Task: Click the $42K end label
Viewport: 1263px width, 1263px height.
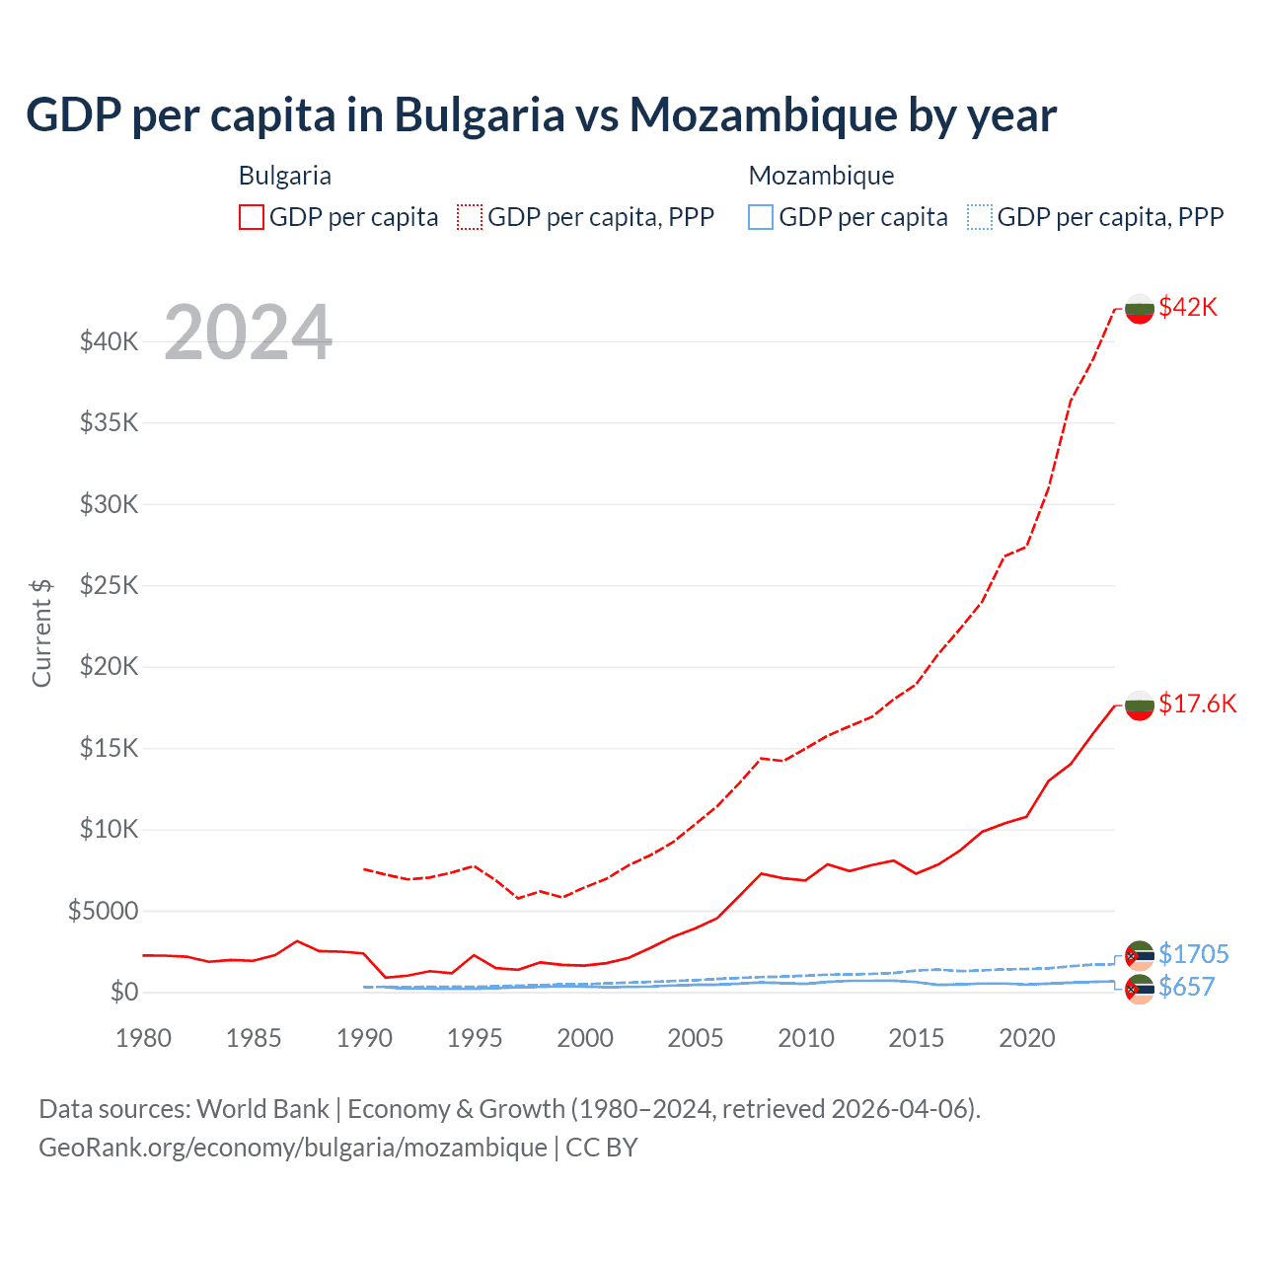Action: [1188, 307]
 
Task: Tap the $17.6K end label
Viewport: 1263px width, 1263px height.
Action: [1197, 704]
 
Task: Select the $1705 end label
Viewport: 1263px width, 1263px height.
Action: [1193, 954]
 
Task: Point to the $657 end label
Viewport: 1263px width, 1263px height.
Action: [1186, 987]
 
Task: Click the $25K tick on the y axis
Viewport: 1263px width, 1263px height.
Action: [110, 585]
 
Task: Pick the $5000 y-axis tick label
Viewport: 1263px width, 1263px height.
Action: [104, 910]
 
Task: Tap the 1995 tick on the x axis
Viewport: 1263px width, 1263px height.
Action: [475, 1038]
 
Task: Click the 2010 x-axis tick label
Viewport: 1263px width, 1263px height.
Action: [806, 1038]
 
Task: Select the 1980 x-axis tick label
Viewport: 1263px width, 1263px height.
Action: [144, 1038]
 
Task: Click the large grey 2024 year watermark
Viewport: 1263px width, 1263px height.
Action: [248, 333]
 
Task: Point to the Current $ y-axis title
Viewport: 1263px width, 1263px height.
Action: [41, 632]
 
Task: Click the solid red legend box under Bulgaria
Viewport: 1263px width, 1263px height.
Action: [252, 217]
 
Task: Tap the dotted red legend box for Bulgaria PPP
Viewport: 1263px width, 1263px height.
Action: [470, 217]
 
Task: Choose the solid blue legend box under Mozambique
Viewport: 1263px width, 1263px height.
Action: [761, 217]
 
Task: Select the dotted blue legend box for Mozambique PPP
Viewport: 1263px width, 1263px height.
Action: [979, 217]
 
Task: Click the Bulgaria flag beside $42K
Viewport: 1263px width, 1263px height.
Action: [1140, 308]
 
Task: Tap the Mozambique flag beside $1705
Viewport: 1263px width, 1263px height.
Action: [1140, 955]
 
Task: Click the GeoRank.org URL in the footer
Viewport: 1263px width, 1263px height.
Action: [293, 1148]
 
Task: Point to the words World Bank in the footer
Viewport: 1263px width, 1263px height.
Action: [262, 1109]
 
